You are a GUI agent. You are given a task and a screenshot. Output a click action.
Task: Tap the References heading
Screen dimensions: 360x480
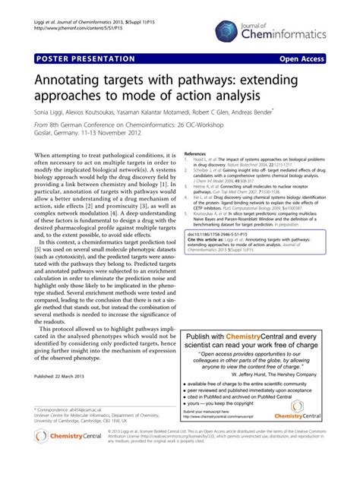tap(195, 153)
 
